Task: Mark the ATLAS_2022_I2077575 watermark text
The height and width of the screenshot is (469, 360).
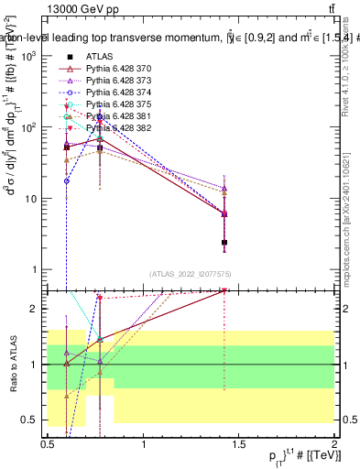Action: point(191,274)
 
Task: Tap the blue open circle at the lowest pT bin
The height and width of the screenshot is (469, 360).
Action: point(67,181)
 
